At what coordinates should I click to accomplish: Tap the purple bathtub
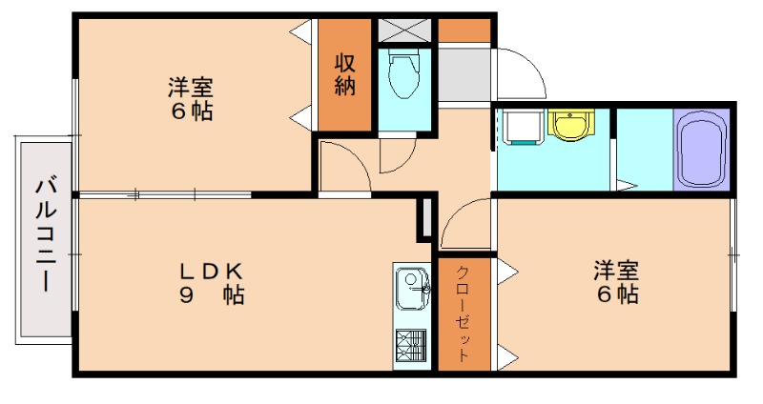(701, 151)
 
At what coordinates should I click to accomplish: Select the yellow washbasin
(571, 125)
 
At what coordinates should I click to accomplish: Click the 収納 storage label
(344, 74)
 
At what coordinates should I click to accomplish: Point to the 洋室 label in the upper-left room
(190, 88)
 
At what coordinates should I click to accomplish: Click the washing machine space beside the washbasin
(519, 126)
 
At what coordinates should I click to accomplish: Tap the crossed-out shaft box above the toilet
(405, 29)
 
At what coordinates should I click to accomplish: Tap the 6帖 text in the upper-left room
(190, 111)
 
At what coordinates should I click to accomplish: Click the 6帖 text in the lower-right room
(616, 294)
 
